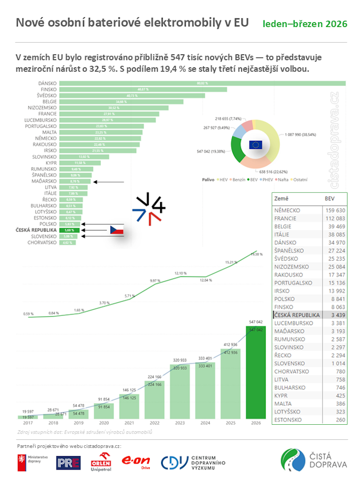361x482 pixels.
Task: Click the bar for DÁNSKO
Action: pos(202,83)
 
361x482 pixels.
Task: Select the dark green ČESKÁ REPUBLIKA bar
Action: pos(69,230)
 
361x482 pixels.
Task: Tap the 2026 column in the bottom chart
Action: pos(255,372)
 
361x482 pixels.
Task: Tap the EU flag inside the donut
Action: pos(256,144)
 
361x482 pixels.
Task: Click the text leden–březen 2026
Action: pos(304,24)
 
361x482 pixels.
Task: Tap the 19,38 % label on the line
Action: pos(256,254)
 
